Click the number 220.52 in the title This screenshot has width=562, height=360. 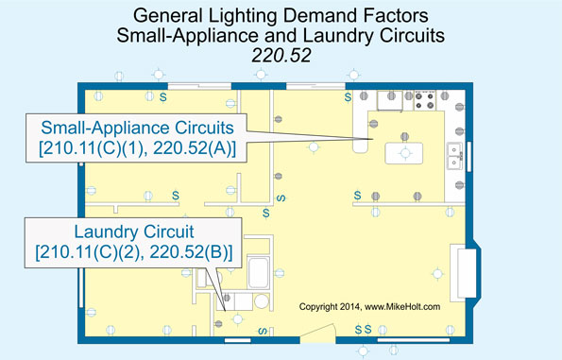pyautogui.click(x=281, y=56)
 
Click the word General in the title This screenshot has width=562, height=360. pyautogui.click(x=164, y=16)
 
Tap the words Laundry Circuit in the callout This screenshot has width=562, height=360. pyautogui.click(x=133, y=230)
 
